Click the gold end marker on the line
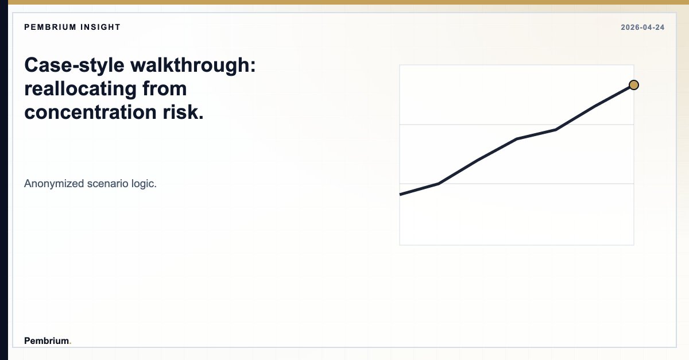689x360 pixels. pyautogui.click(x=633, y=85)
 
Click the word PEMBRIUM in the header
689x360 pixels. pyautogui.click(x=48, y=27)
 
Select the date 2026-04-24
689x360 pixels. pyautogui.click(x=642, y=28)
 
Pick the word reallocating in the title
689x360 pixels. pyautogui.click(x=80, y=89)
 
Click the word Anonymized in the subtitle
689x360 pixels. pyautogui.click(x=54, y=184)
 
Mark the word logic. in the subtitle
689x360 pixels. pyautogui.click(x=144, y=184)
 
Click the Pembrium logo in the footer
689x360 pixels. pyautogui.click(x=47, y=340)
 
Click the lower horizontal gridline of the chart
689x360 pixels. pyautogui.click(x=517, y=184)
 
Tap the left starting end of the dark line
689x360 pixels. pyautogui.click(x=401, y=195)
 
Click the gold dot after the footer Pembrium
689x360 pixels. pyautogui.click(x=70, y=343)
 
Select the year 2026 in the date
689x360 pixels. pyautogui.click(x=629, y=28)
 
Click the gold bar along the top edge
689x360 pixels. pyautogui.click(x=344, y=2)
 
